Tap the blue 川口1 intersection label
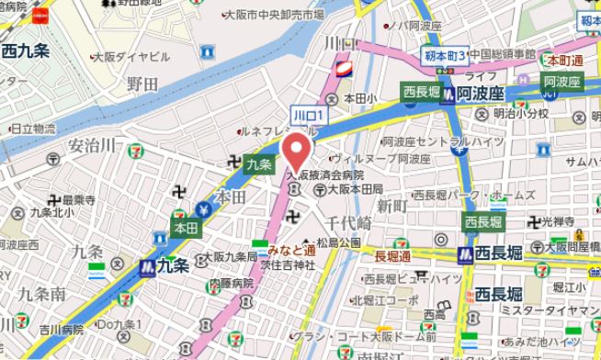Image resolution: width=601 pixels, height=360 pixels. pos(306,115)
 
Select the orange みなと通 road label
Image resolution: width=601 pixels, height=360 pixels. pos(292,249)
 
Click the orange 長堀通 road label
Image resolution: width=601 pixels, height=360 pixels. pos(393,255)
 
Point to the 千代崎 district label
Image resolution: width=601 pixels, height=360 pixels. pos(348,223)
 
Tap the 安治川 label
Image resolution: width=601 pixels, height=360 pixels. pos(92,145)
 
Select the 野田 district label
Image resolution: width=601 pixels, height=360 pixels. pos(142,84)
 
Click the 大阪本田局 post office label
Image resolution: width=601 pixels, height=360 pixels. pos(354,189)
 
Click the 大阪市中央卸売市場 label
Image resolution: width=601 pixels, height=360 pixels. pos(274,16)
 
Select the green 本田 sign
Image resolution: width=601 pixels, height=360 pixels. pos(186,227)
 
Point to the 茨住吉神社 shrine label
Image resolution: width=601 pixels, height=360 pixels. pos(287,264)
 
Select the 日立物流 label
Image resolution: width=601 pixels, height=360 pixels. pos(33,129)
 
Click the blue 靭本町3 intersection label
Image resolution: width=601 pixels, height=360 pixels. pos(447,56)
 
